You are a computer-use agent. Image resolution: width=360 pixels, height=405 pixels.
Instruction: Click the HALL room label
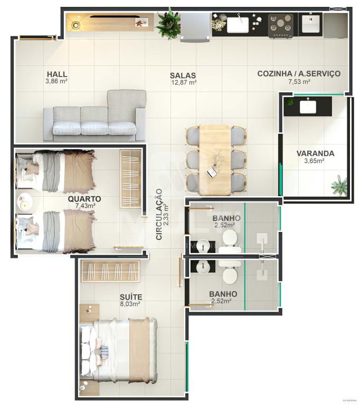click(x=56, y=74)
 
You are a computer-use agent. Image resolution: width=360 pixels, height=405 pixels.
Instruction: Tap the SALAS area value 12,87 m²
click(x=183, y=82)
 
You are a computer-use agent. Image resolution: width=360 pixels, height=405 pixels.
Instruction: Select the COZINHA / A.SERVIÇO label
click(x=298, y=74)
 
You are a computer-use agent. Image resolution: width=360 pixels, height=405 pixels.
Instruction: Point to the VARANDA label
click(x=315, y=153)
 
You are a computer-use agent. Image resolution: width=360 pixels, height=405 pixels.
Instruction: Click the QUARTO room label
click(x=84, y=199)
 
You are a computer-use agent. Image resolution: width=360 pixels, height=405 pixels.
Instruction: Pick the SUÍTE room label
click(x=130, y=297)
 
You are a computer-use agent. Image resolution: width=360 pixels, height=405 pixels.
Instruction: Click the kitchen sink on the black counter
click(x=238, y=24)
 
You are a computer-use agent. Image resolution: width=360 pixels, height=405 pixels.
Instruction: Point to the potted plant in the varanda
click(x=339, y=186)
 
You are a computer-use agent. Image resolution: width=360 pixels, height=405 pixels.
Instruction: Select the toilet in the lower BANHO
click(x=230, y=274)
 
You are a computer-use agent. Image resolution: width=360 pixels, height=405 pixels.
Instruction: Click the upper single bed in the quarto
click(x=56, y=170)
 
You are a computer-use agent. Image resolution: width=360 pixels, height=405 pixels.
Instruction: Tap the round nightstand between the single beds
click(x=24, y=202)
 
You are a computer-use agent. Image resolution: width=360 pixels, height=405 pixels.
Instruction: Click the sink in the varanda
click(x=308, y=107)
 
